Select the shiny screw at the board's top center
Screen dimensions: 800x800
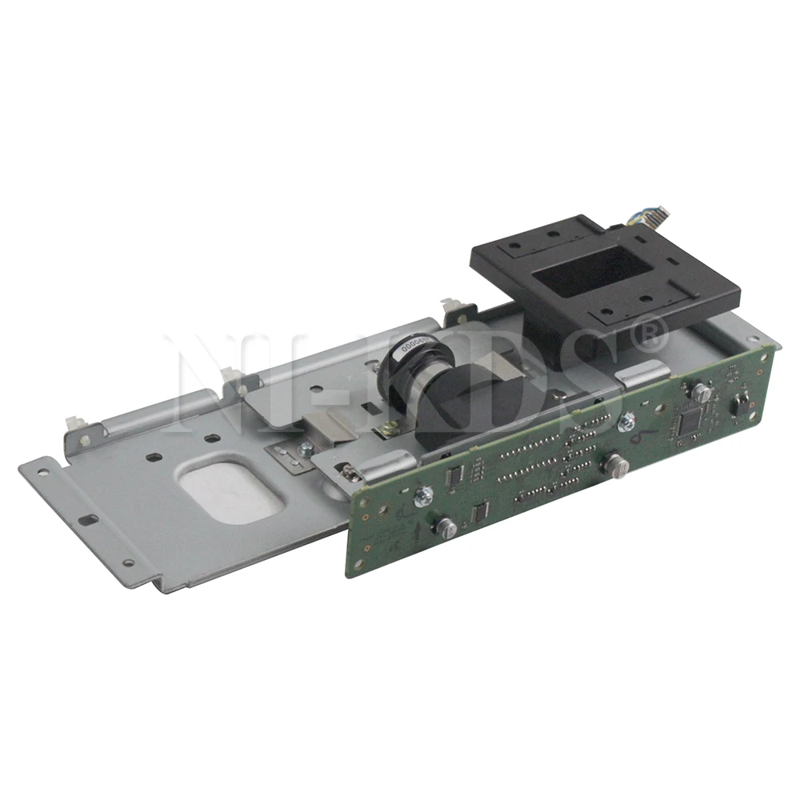pos(627,415)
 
